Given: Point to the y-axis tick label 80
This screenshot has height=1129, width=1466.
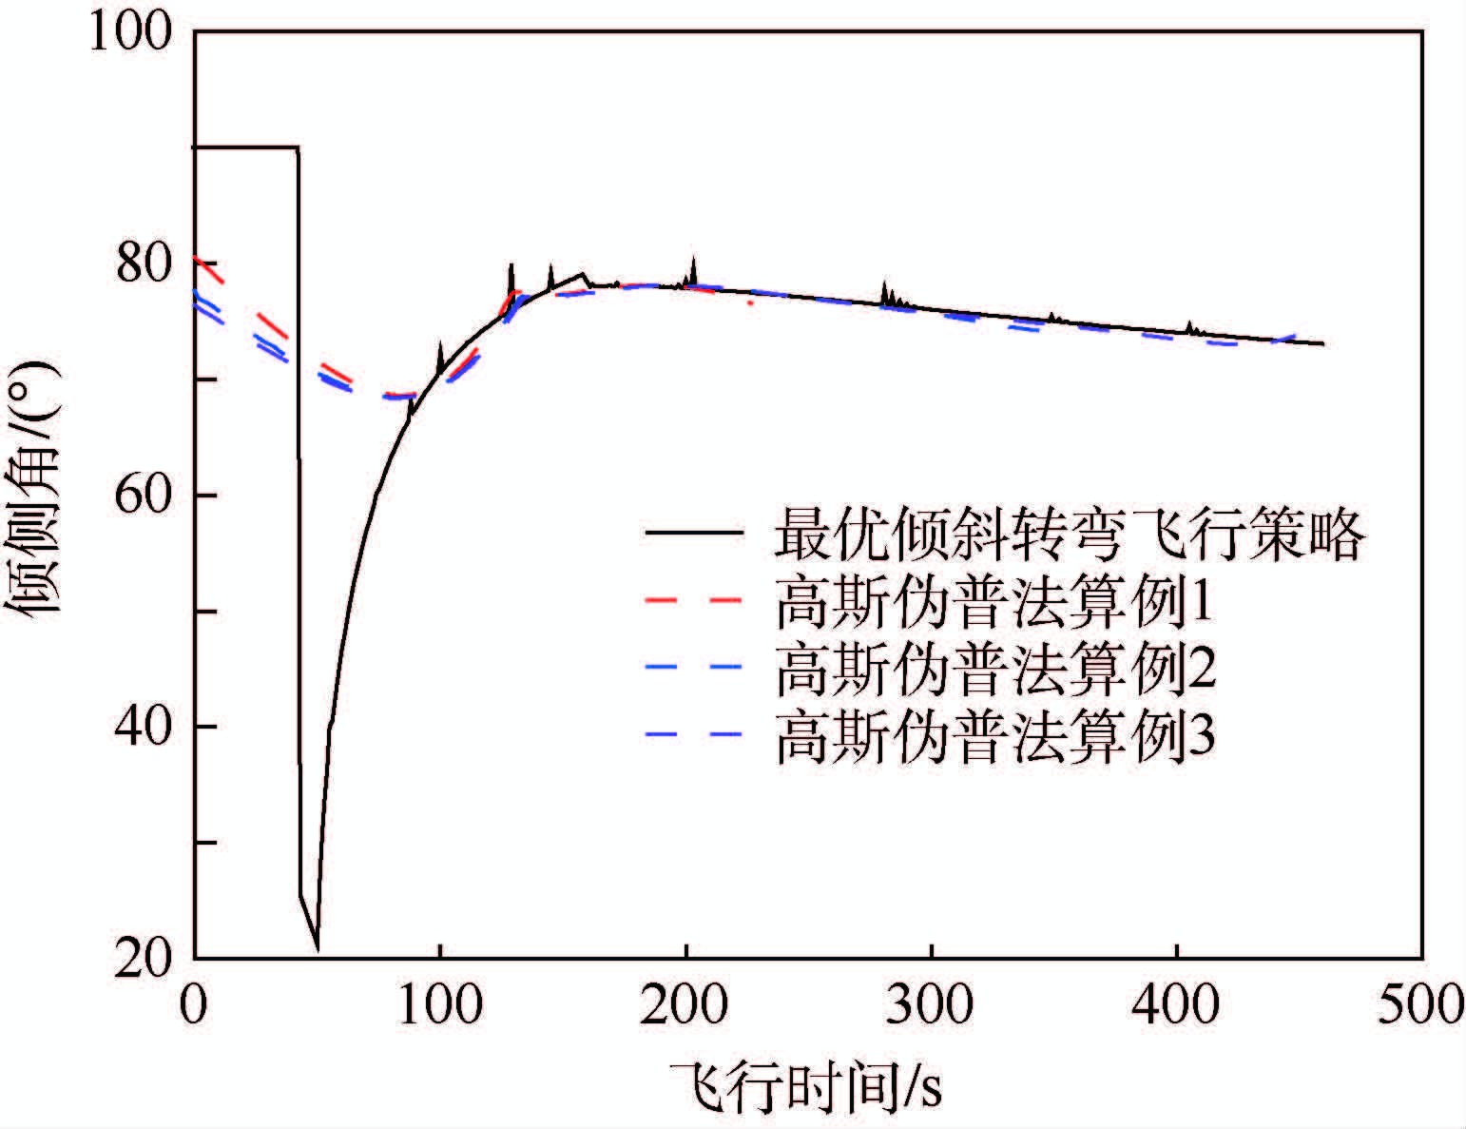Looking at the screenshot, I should pos(143,264).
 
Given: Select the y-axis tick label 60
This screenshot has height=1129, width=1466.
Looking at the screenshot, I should pos(143,496).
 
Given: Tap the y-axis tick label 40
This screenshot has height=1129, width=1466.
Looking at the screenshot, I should pos(143,728).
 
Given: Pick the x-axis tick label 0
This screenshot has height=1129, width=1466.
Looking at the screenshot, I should pos(195,1005).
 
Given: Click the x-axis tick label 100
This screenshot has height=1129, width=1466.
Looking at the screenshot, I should pos(439,1005).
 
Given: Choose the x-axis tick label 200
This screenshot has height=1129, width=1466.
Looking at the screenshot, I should pos(685,1005).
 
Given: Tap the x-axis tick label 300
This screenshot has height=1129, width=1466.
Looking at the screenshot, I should pos(931,1005).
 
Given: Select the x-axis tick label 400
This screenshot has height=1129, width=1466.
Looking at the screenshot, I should pos(1177,1005).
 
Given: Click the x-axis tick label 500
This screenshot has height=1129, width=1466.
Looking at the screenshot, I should pos(1420,1005).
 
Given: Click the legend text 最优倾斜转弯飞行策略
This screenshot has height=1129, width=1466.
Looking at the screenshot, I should pos(1070,534).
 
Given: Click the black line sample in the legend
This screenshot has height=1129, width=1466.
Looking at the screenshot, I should pos(694,534).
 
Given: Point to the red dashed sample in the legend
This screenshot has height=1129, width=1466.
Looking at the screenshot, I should pos(694,602).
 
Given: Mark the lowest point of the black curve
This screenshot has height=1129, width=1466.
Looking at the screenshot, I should pos(318,949).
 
